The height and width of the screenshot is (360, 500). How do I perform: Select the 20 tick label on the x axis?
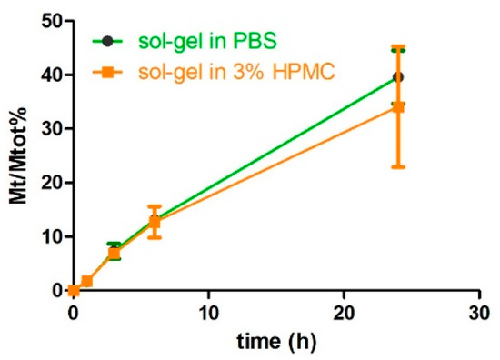click(x=344, y=313)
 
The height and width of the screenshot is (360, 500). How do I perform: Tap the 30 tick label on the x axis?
click(x=479, y=313)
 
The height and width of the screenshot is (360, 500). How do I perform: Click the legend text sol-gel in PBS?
click(x=193, y=40)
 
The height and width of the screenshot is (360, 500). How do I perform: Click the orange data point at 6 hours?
click(x=155, y=222)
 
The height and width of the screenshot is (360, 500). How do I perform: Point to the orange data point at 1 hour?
click(x=87, y=282)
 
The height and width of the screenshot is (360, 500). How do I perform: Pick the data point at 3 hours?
click(x=114, y=253)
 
